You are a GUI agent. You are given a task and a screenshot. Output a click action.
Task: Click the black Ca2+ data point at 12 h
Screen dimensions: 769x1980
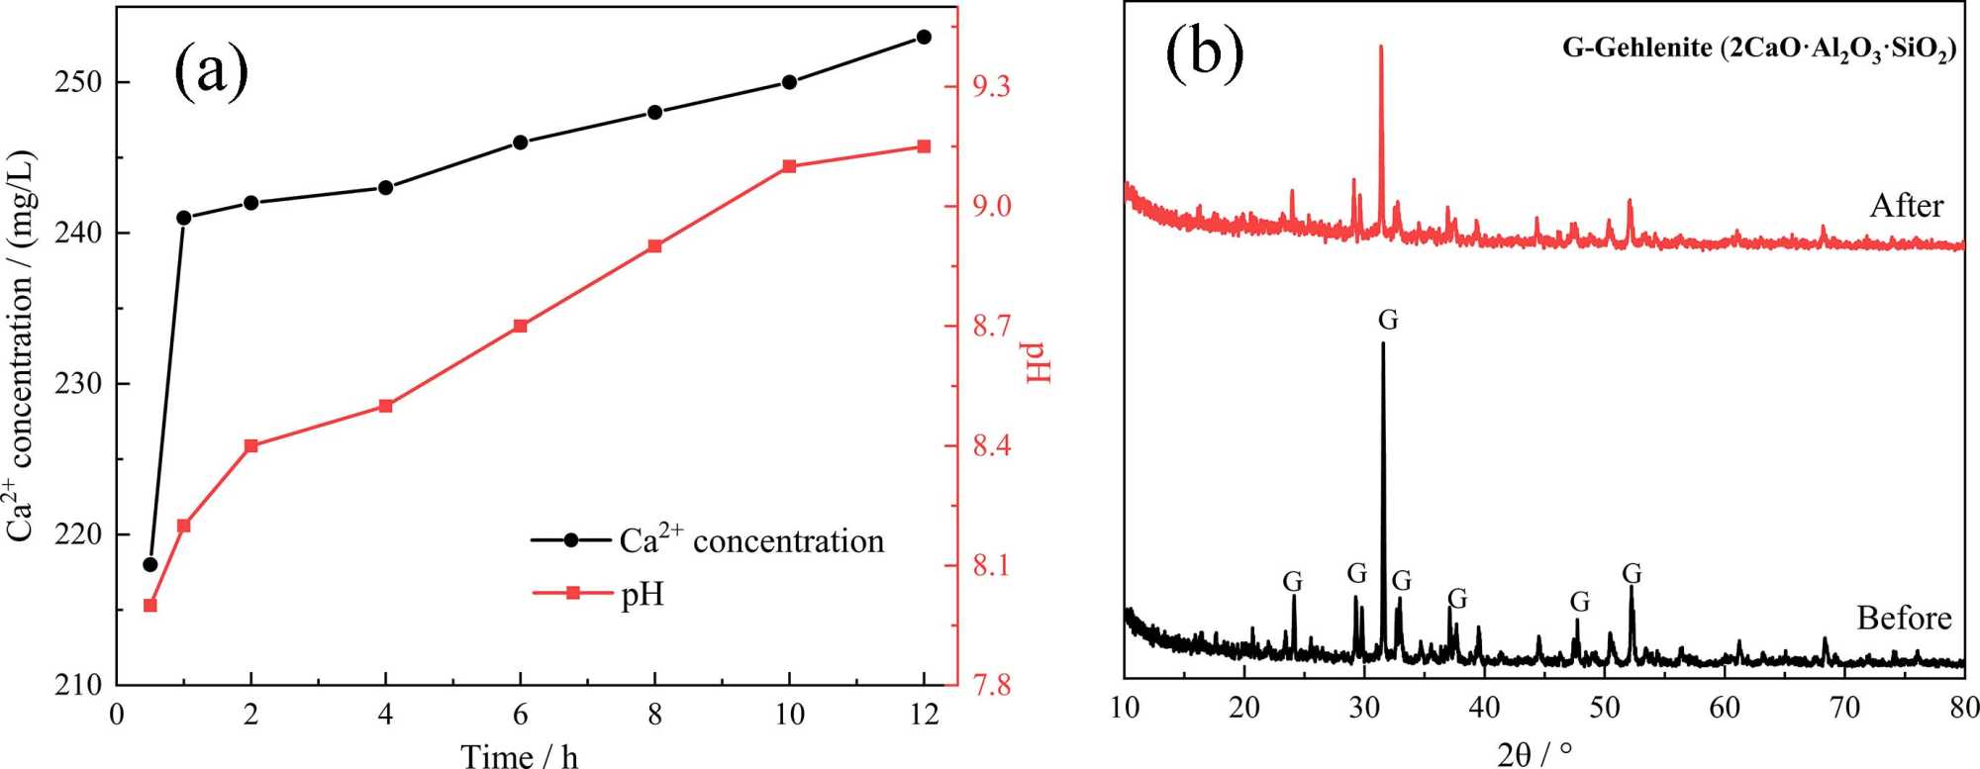pos(924,37)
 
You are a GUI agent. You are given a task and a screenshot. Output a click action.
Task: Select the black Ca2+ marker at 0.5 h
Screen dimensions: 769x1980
pos(150,564)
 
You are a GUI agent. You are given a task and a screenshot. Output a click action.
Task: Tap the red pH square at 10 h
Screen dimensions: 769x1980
pos(789,166)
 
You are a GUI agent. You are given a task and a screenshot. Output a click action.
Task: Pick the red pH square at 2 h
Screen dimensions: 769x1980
pos(250,445)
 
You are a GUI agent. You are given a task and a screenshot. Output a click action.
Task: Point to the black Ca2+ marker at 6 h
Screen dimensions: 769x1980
pos(520,143)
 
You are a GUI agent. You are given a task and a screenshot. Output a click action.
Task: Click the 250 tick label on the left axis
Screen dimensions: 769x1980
pos(78,82)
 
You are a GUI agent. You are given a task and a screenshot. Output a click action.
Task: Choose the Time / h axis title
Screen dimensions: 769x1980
pos(519,756)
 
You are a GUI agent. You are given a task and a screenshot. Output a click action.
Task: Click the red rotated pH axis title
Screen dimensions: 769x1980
pos(1036,362)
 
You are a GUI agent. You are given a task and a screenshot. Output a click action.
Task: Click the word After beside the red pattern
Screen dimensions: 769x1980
pos(1906,206)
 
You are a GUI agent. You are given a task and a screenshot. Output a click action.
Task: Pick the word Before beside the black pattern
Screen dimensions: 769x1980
pos(1903,619)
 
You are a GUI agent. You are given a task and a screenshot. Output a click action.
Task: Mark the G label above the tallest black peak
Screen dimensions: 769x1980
pos(1388,321)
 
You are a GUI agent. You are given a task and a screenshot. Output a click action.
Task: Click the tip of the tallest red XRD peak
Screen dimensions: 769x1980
pos(1380,47)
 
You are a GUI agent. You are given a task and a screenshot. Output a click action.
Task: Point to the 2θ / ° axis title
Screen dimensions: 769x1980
pos(1534,754)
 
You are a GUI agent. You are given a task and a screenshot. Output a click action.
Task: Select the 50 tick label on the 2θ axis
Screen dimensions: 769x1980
pos(1605,708)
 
